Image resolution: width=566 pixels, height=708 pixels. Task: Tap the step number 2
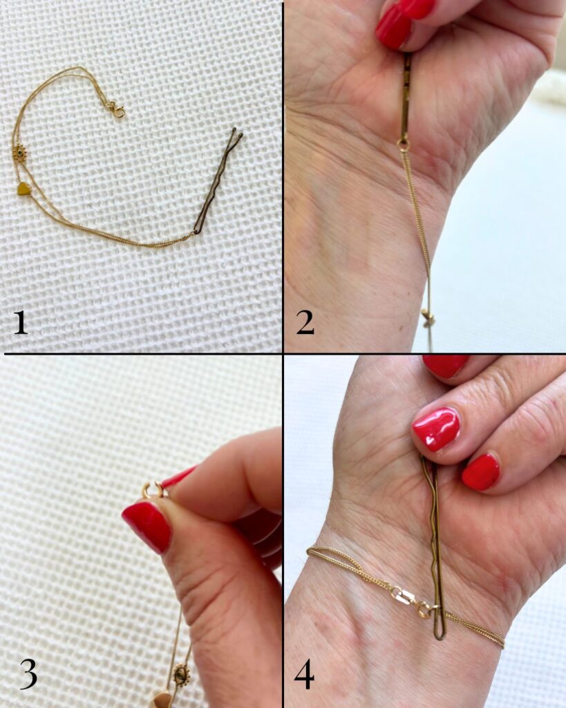click(x=305, y=323)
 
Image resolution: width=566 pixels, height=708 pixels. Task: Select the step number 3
click(x=28, y=676)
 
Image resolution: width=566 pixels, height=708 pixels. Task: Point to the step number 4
click(x=304, y=676)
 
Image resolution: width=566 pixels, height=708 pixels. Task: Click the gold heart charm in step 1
click(x=24, y=189)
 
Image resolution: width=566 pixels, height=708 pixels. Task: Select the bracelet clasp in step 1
click(x=117, y=110)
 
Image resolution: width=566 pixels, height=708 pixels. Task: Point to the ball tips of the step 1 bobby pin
click(x=237, y=132)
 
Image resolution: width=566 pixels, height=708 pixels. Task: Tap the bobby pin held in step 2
click(x=405, y=95)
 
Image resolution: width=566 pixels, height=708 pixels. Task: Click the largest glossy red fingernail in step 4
click(x=437, y=429)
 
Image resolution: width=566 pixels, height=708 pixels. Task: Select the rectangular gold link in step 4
click(x=405, y=597)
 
